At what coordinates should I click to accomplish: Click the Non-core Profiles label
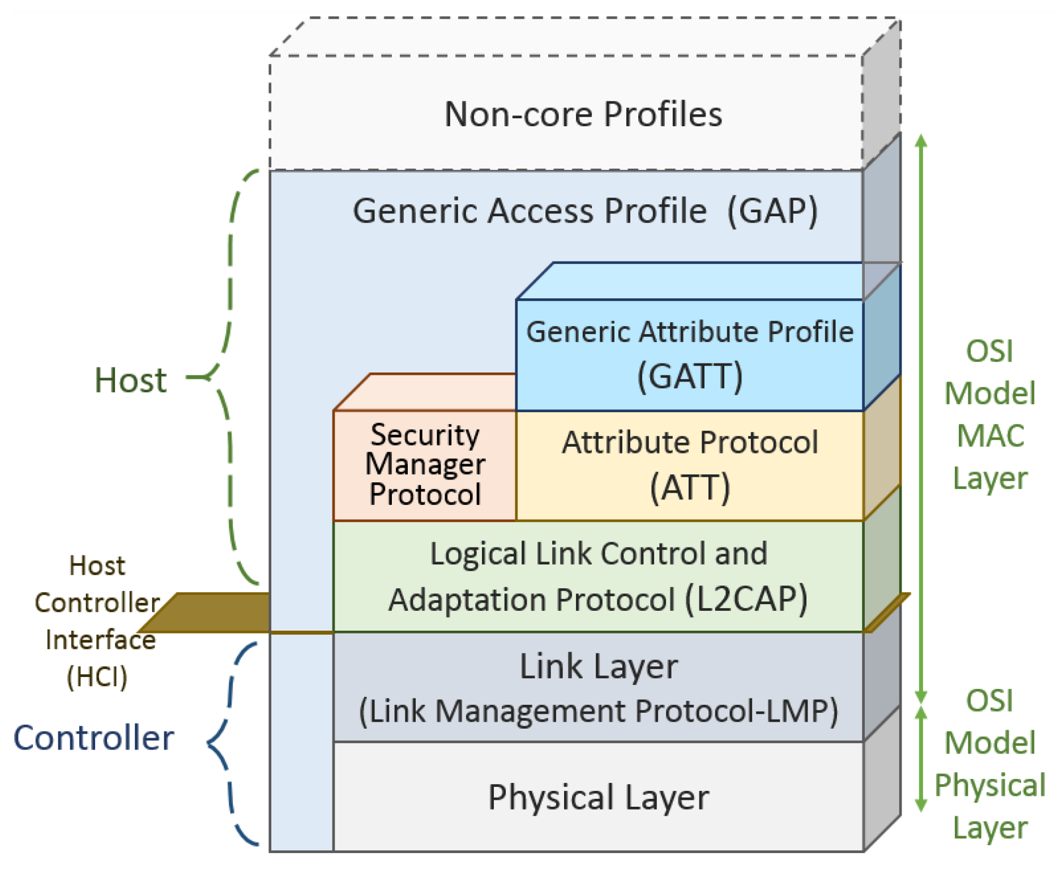pos(583,114)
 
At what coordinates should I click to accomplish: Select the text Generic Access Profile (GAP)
pos(585,211)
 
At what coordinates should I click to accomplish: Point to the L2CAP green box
pos(598,576)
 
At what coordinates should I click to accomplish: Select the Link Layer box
pos(598,687)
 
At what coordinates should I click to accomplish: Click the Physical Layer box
pos(598,797)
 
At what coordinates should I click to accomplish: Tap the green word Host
pos(130,380)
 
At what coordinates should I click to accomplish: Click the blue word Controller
pos(93,738)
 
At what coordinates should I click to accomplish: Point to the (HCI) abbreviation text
pos(97,677)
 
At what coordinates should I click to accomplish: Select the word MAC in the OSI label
pos(990,436)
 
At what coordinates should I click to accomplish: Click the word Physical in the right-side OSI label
pos(990,785)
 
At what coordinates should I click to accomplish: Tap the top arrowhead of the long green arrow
pos(921,141)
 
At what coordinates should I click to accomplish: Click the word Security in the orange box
pos(425,435)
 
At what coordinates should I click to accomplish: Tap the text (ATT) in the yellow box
pos(689,487)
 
